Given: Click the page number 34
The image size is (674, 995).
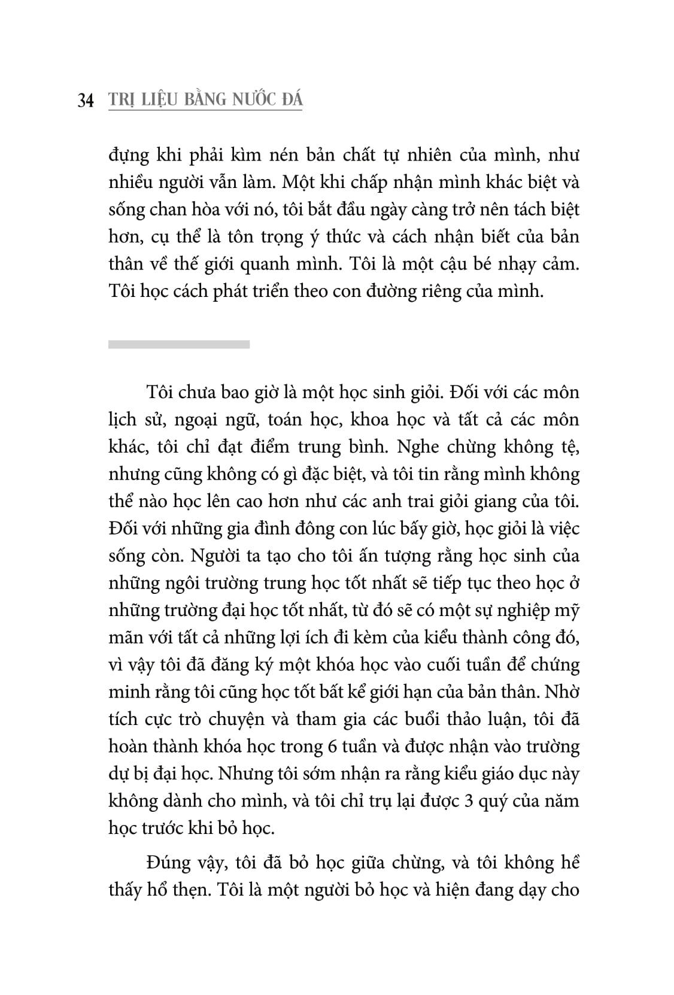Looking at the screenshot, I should (x=86, y=101).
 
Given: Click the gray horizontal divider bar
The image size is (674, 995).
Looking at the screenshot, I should (x=179, y=344).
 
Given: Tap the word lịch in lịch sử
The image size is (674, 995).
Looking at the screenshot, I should (x=122, y=420).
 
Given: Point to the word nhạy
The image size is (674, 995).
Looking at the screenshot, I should (x=508, y=263).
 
